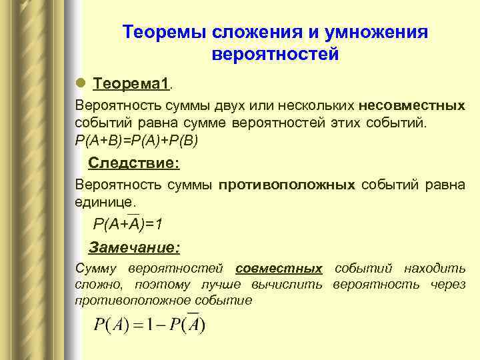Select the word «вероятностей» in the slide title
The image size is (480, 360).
tap(275, 54)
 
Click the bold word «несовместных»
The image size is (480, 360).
tap(411, 106)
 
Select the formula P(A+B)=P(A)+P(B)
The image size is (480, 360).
tap(137, 141)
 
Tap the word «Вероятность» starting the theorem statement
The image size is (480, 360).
tap(114, 106)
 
